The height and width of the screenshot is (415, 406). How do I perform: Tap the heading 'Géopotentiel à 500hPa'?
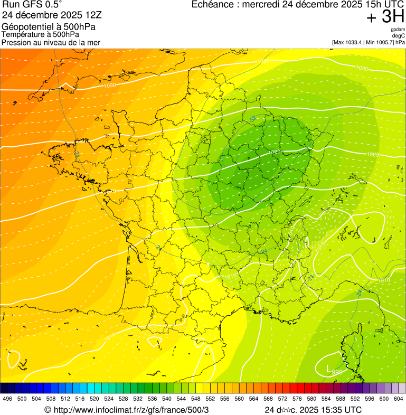point(41,27)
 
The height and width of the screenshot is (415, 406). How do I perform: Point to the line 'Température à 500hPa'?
point(40,34)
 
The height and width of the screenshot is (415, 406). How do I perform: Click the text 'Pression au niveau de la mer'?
point(51,42)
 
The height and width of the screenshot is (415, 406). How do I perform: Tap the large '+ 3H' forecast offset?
point(385,17)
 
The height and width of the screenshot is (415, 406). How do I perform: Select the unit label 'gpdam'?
point(398,30)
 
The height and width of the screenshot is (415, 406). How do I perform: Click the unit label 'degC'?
point(399,35)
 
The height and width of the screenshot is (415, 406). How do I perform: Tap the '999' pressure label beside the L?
point(337,372)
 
